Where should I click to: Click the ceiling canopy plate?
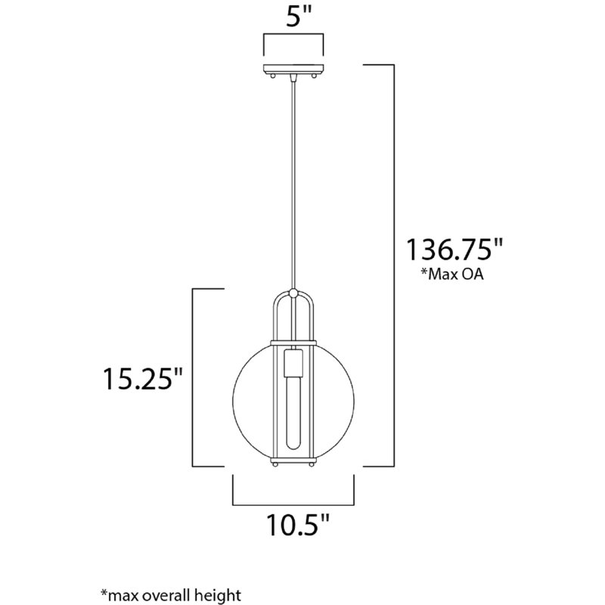pyautogui.click(x=293, y=71)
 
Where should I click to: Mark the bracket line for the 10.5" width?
pyautogui.click(x=293, y=504)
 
